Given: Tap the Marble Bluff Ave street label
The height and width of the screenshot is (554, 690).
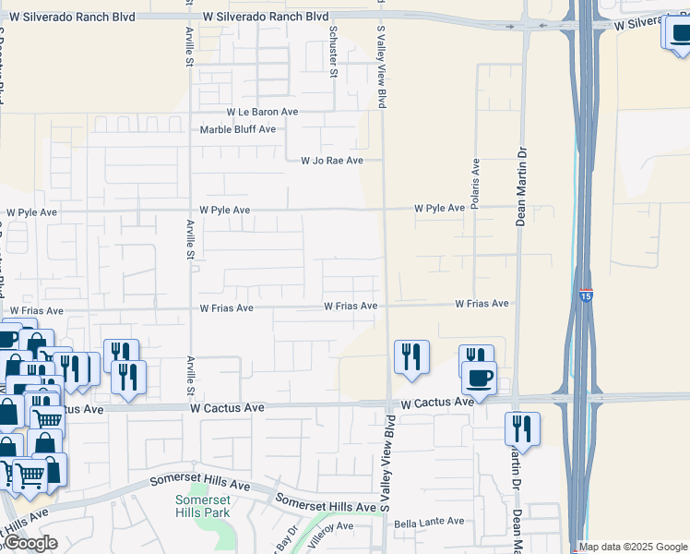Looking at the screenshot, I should (x=238, y=129).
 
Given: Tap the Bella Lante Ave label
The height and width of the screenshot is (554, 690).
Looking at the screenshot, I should (x=429, y=523).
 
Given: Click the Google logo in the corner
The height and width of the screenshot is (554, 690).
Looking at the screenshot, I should (x=30, y=543).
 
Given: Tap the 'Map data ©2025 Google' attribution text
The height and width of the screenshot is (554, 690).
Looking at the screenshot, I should (x=633, y=547).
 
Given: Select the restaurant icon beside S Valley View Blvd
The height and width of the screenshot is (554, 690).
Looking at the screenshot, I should (x=411, y=357).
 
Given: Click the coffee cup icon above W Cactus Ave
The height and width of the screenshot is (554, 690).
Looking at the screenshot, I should (x=479, y=378).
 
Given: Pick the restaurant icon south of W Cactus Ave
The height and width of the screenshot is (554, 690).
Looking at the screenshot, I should (x=522, y=429).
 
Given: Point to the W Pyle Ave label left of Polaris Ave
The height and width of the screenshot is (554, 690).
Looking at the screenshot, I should (x=439, y=209).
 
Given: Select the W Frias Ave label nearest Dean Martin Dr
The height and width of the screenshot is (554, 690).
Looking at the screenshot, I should (x=482, y=304).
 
